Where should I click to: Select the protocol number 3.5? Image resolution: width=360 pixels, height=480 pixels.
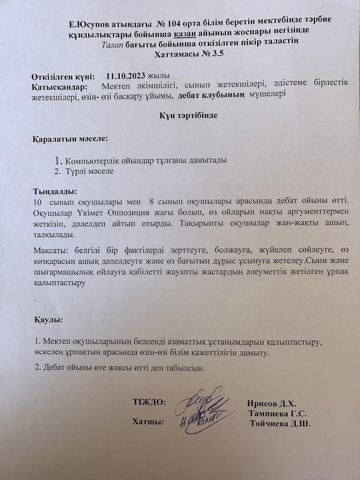[216, 54]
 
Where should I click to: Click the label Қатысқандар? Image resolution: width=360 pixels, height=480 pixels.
[60, 87]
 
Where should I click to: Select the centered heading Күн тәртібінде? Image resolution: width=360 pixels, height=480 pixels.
[189, 115]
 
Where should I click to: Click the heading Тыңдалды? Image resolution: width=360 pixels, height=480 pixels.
[55, 192]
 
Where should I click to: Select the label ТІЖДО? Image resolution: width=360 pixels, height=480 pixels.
[149, 402]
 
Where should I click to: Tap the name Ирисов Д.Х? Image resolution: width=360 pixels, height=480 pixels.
[272, 404]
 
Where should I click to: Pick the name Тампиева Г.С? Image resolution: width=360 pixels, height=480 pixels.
[278, 414]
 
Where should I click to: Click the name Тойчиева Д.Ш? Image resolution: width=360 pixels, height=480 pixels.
[280, 424]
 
